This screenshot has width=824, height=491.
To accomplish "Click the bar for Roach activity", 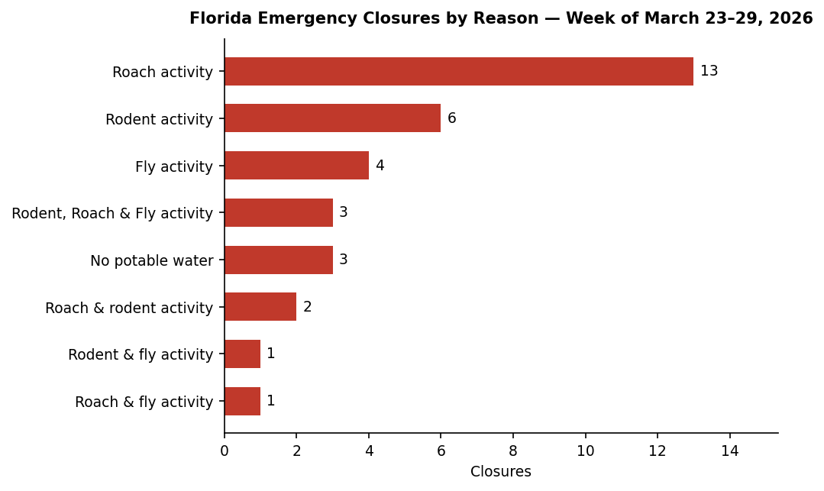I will coord(458,72).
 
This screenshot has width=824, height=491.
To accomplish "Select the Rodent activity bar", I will coord(332,118).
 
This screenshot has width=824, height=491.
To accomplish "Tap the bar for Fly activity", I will coord(296,166).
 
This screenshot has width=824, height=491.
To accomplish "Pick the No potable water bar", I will coord(278,260).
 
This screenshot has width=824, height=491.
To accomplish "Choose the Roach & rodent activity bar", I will coord(260,307).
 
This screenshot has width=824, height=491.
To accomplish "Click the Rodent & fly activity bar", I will coord(242,354).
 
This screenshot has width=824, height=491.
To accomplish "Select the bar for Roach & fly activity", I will coord(242,402).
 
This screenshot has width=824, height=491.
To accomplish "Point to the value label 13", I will coord(709,72).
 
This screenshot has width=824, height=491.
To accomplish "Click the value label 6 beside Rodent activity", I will coord(451,118).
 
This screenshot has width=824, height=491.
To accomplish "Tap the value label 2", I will coord(307,307).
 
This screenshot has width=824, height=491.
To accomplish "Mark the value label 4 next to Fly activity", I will coord(380,166).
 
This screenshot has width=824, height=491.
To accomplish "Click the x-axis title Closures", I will coord(500,472).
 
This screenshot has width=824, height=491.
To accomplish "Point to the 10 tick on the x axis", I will coord(585,451).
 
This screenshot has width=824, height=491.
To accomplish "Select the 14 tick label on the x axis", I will coord(729,451).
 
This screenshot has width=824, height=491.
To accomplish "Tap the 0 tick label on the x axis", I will coord(225,451).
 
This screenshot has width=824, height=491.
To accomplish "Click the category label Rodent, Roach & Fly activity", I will coord(112,214).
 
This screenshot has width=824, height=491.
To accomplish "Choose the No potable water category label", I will coord(151,261).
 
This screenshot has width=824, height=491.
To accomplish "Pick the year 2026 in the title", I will coord(791,18).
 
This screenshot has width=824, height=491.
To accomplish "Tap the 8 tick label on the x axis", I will coord(513,451).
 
